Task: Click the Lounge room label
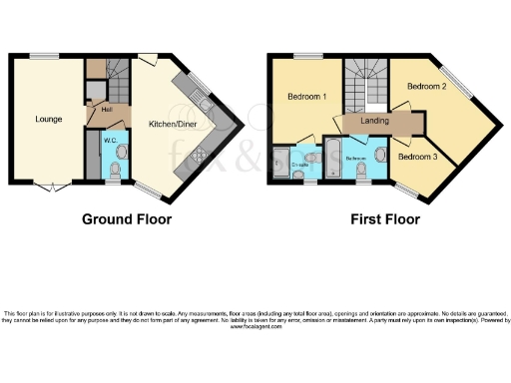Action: point(49,120)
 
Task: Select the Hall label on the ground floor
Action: point(105,110)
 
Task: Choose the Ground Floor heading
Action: point(126,219)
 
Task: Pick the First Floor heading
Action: point(384,219)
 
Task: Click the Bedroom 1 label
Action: point(307,97)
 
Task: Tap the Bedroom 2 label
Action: point(426,87)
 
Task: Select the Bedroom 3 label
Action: point(417,157)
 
